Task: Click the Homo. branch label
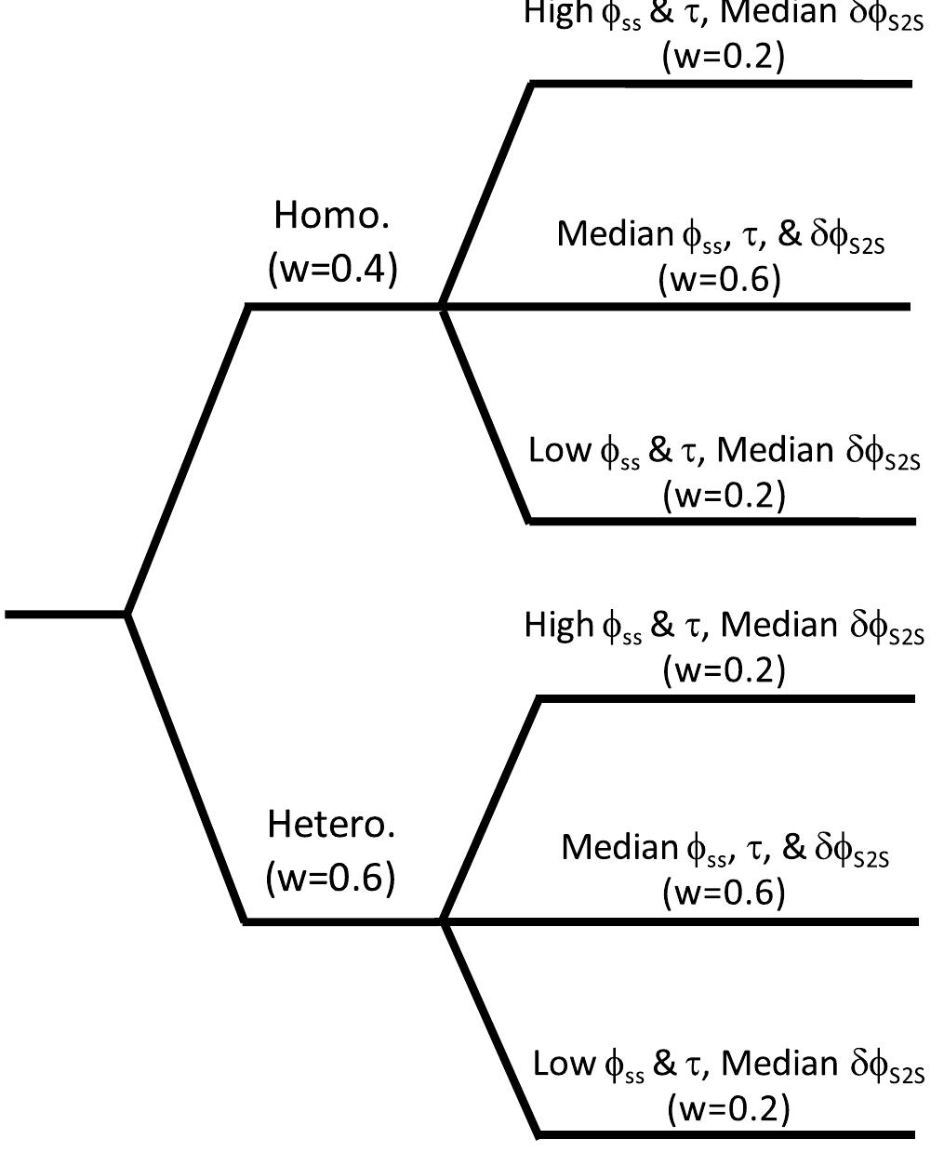tap(331, 216)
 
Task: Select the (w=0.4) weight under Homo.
tap(332, 269)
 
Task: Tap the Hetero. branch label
tap(331, 824)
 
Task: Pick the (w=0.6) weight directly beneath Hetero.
tap(330, 877)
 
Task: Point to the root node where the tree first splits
tap(126, 614)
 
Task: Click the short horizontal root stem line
tap(65, 614)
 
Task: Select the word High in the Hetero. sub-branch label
tap(558, 625)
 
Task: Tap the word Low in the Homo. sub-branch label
tap(559, 450)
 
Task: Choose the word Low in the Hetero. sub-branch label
tap(563, 1063)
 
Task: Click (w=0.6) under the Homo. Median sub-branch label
tap(718, 279)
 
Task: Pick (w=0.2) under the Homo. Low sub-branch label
tap(724, 495)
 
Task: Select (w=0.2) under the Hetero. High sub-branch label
tap(724, 669)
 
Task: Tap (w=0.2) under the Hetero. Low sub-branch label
tap(727, 1108)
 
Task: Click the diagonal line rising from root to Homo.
tap(186, 460)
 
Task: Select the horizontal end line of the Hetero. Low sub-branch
tap(725, 1134)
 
